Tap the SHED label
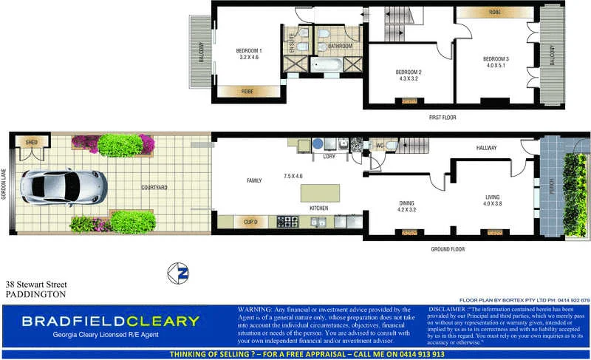pyautogui.click(x=31, y=142)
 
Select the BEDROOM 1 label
pyautogui.click(x=249, y=50)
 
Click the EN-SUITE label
pyautogui.click(x=292, y=43)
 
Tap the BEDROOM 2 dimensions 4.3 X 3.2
pyautogui.click(x=409, y=78)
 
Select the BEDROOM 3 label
pyautogui.click(x=496, y=58)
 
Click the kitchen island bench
pyautogui.click(x=320, y=194)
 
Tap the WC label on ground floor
pyautogui.click(x=381, y=145)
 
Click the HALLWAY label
pyautogui.click(x=486, y=148)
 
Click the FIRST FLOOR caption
pyautogui.click(x=443, y=118)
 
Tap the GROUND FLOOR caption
pyautogui.click(x=448, y=250)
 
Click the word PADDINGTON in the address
pyautogui.click(x=35, y=293)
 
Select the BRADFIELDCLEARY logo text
pyautogui.click(x=110, y=321)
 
